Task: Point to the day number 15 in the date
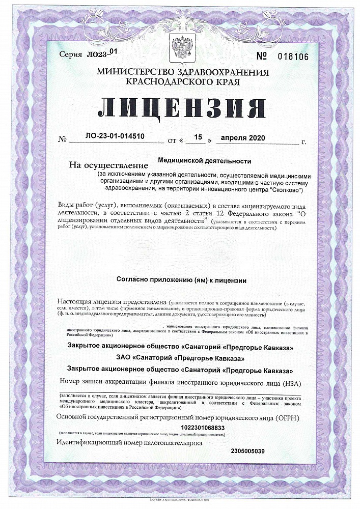(x=199, y=137)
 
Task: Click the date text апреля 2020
(x=243, y=138)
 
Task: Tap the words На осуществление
(x=108, y=165)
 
